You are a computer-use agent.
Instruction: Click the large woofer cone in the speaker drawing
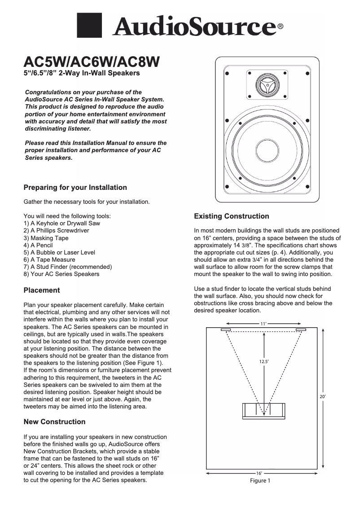tap(267, 152)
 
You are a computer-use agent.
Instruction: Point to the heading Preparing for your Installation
tap(75, 187)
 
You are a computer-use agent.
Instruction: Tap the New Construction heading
tap(54, 421)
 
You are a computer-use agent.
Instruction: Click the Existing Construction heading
tap(231, 216)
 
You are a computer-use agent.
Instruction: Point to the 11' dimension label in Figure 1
tap(263, 324)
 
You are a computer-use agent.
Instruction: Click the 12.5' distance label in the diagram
tap(263, 361)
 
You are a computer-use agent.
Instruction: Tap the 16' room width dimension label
tap(259, 473)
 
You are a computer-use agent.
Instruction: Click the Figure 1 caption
tap(260, 481)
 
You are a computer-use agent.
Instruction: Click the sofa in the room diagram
tap(263, 411)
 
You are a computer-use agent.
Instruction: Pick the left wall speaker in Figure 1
tap(226, 330)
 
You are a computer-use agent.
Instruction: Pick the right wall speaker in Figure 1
tap(301, 330)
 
